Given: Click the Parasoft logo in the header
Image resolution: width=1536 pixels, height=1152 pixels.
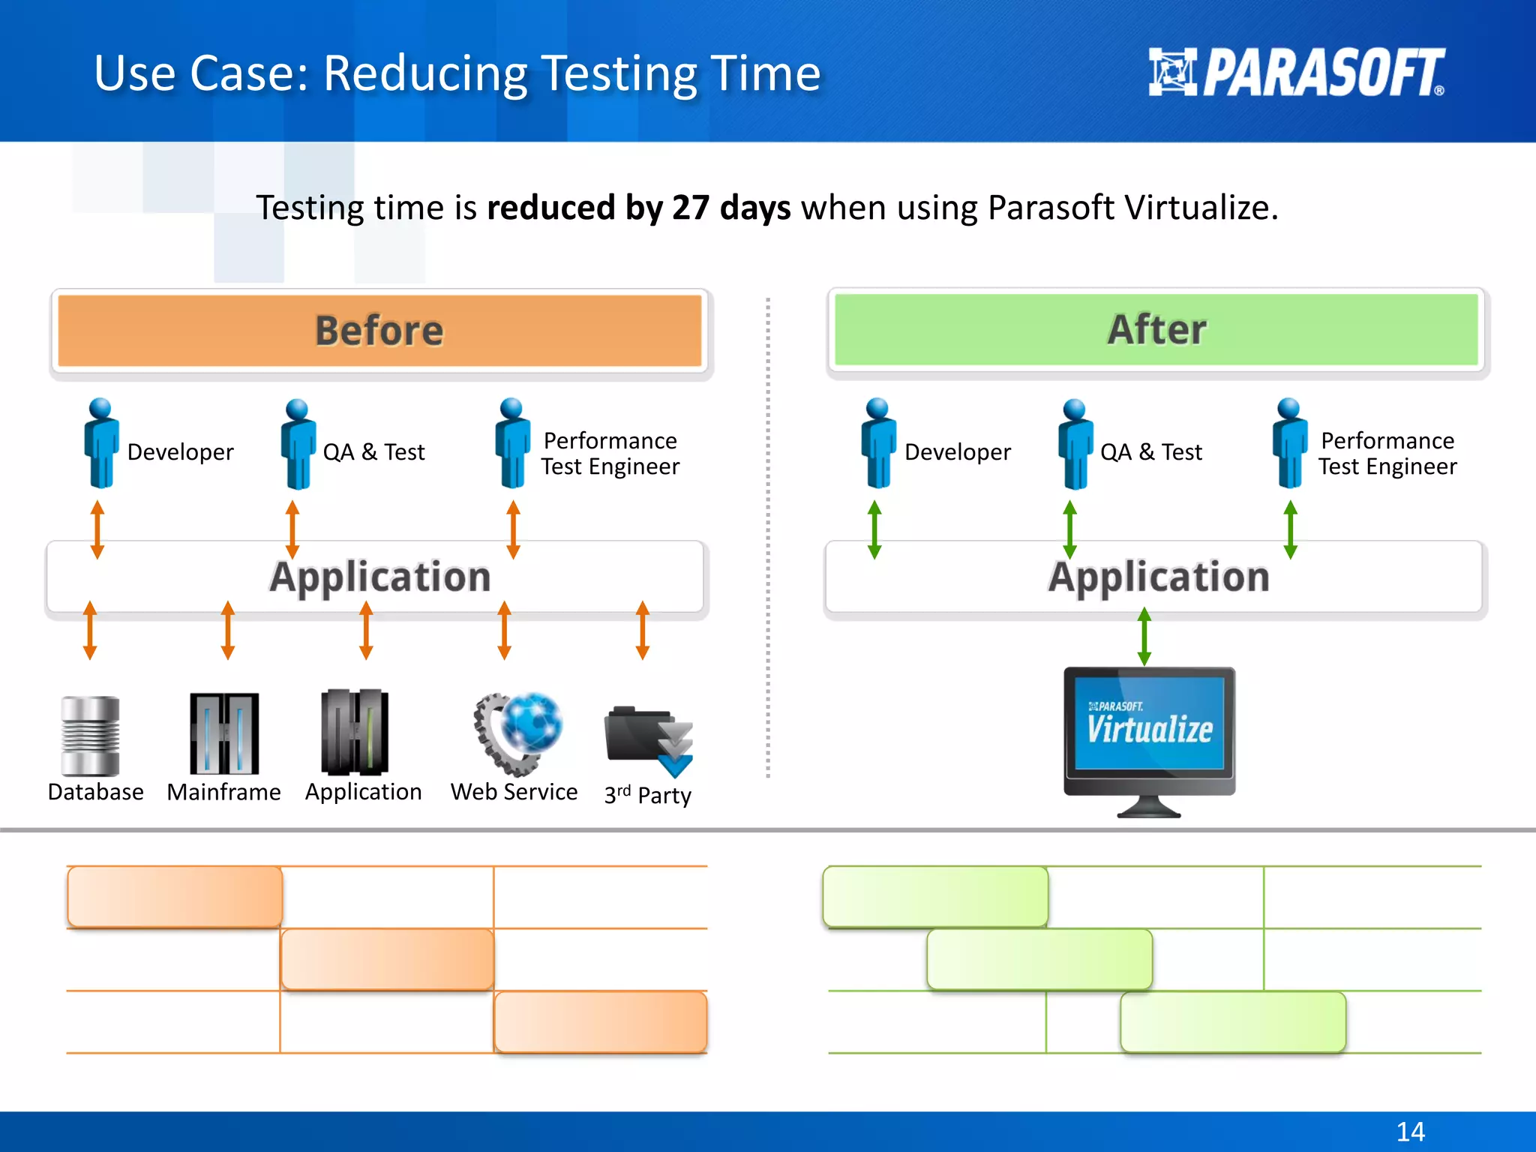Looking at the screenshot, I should coord(1296,73).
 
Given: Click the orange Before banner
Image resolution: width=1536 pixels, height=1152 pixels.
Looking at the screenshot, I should coord(379,331).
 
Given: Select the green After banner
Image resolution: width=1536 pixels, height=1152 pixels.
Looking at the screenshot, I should coord(1156,329).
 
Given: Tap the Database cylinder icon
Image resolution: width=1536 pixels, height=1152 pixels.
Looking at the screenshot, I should coord(91,736).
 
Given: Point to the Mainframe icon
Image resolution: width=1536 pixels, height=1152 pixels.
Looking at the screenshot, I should coord(224,733).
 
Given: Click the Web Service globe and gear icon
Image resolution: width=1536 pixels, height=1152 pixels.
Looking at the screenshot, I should coord(519,733).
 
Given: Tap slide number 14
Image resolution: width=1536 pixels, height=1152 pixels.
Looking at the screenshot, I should coord(1410,1131).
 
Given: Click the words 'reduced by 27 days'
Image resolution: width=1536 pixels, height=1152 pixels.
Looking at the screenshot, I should coord(638,208).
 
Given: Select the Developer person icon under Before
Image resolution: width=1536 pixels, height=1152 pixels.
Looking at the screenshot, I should coord(100,444).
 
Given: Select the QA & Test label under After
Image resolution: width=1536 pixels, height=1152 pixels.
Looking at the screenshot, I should coord(1150,452).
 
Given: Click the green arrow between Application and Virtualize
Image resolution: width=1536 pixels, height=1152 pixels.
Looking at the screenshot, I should coord(1144,637).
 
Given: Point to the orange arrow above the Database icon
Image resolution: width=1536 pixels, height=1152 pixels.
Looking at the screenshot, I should coord(90,630).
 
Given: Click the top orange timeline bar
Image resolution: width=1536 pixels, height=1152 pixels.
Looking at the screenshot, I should coord(175,897).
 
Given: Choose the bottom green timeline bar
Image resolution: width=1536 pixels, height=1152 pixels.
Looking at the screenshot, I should coord(1233,1022).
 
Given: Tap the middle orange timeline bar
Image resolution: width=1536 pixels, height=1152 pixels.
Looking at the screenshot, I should coord(387,959).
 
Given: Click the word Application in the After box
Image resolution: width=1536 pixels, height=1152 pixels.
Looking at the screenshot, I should coord(1159,577).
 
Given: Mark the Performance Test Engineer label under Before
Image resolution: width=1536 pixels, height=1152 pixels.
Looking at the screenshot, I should coord(610,453).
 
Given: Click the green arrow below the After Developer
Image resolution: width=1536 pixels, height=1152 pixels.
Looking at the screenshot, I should coord(874,530).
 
